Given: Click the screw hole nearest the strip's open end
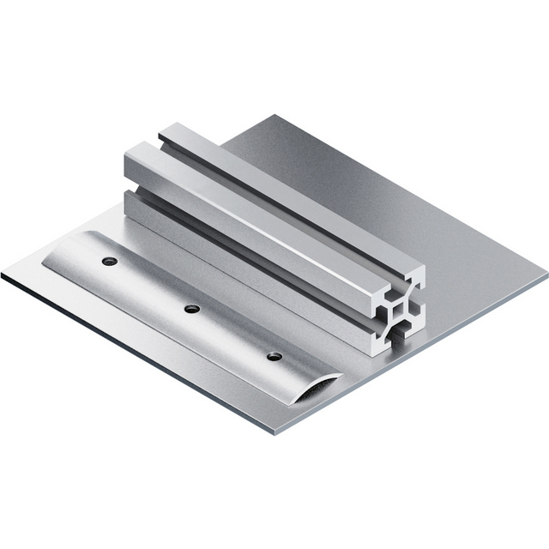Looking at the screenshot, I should point(274,356).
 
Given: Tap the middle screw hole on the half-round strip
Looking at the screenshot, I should point(192,308).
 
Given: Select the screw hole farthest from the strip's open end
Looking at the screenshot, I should point(108,261).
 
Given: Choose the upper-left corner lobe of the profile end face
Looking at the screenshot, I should point(380,295).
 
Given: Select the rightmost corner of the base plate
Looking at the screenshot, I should point(546,274).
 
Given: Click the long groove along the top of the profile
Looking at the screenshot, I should point(283,202).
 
